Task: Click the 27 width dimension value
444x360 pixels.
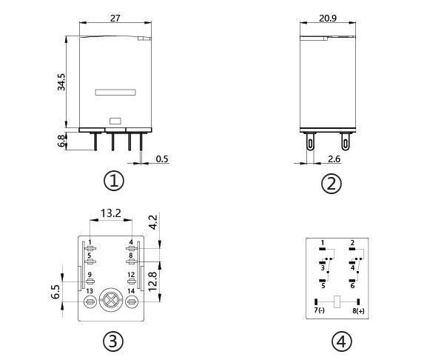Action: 115,19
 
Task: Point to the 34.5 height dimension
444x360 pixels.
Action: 61,82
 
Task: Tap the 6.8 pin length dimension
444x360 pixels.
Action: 61,141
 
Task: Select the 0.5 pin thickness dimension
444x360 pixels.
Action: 162,159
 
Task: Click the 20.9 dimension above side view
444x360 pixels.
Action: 328,18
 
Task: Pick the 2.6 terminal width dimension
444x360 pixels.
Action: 334,159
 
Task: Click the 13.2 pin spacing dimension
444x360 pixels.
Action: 111,213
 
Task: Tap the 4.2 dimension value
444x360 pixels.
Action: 152,222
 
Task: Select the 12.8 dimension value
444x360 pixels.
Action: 152,281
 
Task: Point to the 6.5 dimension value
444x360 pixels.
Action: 55,292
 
